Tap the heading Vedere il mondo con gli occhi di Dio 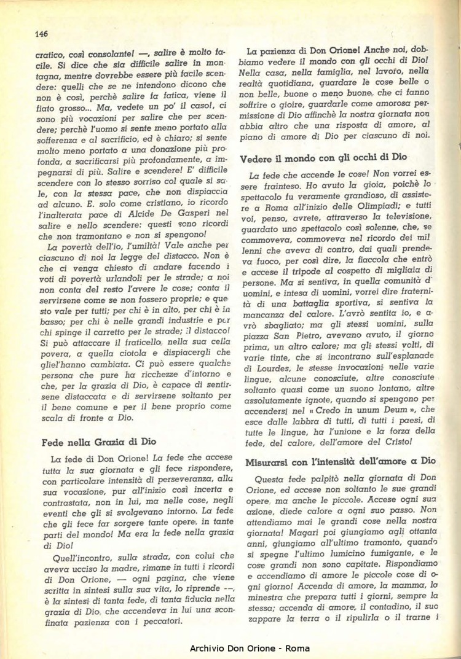point(323,158)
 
